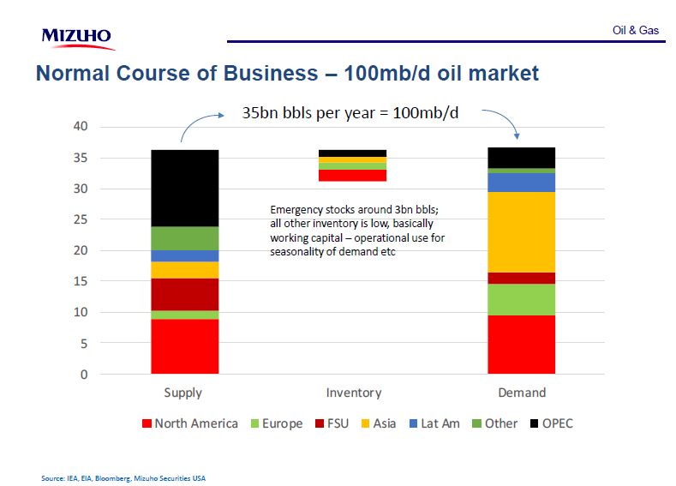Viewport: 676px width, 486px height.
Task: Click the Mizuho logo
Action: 76,37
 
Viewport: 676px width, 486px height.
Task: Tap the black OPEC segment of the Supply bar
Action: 184,188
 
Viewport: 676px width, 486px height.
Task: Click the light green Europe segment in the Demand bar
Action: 522,299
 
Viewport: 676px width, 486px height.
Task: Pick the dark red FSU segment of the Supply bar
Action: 184,294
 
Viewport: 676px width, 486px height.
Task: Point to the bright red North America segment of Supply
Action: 184,346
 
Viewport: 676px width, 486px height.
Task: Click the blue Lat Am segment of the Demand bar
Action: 522,182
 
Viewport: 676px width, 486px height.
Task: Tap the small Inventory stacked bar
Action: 353,165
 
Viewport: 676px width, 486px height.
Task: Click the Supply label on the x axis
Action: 183,393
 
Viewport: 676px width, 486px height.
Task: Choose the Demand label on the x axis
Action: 522,393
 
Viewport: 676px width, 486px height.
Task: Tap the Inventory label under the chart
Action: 353,393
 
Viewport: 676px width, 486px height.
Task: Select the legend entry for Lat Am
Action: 434,423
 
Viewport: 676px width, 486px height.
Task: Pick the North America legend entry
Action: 189,423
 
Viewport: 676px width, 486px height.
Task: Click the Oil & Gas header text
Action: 636,30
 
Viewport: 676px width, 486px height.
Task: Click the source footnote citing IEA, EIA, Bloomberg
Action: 123,477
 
